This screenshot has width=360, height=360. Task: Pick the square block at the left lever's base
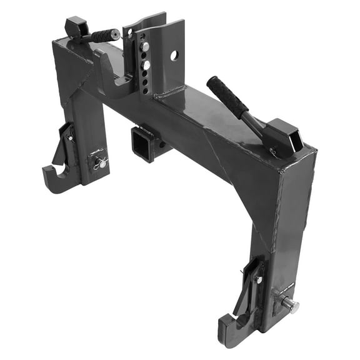[76, 27]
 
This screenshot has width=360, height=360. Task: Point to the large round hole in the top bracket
[174, 56]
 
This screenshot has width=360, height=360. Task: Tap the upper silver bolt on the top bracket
[144, 46]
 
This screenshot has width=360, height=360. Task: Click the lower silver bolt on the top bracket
[146, 64]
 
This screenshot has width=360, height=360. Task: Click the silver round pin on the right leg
[290, 305]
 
